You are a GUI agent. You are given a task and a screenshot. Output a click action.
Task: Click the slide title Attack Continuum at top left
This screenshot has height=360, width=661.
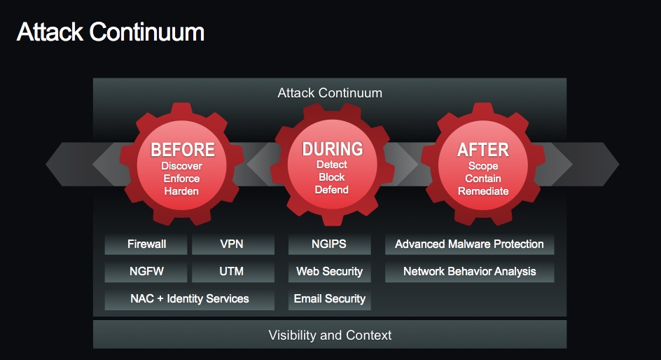[x=110, y=32]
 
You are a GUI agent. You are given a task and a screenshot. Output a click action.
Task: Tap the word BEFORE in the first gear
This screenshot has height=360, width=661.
[x=183, y=150]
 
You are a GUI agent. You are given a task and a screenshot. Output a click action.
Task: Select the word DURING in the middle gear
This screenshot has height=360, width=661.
[x=333, y=149]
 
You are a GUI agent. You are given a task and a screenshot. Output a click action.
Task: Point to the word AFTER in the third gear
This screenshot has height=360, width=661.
[x=482, y=150]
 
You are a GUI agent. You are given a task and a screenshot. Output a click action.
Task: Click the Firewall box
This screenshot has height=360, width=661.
[x=146, y=244]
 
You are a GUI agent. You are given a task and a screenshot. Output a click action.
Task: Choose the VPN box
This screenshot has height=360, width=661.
[x=232, y=244]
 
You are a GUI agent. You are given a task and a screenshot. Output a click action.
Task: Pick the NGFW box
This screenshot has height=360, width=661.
[x=146, y=272]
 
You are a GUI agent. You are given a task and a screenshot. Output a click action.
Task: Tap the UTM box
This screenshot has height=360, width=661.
[x=232, y=272]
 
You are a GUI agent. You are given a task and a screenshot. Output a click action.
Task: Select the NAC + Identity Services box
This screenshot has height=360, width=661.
[x=189, y=299]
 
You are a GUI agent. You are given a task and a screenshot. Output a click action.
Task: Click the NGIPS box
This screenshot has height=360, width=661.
[x=329, y=244]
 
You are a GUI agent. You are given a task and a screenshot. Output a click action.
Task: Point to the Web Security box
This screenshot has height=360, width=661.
[x=329, y=272]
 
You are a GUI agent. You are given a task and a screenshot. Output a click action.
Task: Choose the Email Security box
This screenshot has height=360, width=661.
[x=329, y=299]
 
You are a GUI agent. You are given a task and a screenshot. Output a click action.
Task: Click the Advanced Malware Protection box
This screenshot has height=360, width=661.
[x=469, y=244]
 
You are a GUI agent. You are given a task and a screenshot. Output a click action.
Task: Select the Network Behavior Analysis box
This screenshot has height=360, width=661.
[x=469, y=272]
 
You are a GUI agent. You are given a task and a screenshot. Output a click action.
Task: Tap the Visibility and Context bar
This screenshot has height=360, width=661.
[x=330, y=335]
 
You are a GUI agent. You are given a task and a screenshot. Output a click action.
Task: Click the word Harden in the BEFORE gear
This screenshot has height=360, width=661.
[x=182, y=191]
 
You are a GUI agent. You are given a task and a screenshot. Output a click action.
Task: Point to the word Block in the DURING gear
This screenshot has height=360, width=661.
[x=332, y=177]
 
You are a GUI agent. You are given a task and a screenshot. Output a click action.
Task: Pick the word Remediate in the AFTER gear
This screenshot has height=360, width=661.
[x=482, y=191]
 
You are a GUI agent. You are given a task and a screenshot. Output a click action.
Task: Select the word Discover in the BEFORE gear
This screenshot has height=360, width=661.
[x=182, y=166]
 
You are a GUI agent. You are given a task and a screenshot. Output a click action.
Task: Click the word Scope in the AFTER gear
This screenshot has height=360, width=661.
[x=482, y=166]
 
